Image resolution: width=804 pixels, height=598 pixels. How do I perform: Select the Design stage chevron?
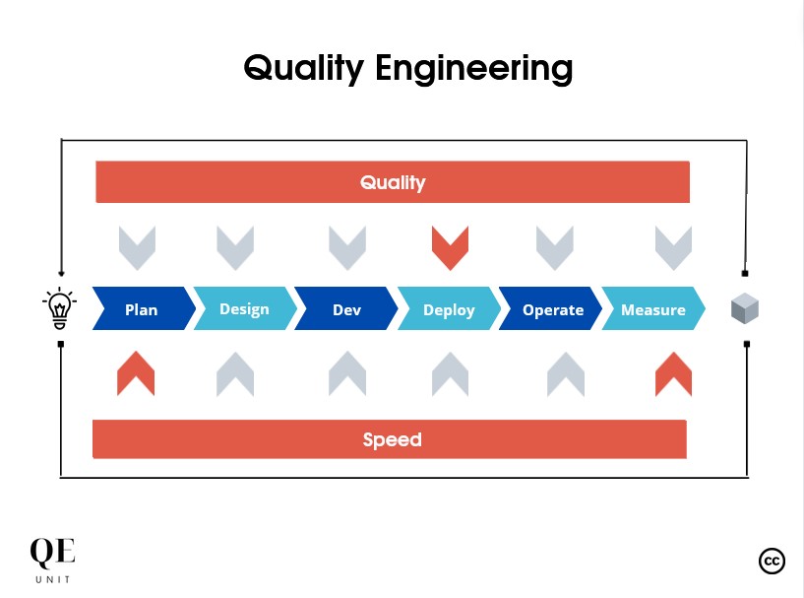(245, 308)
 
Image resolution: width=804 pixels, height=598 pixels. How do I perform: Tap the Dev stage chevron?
(346, 308)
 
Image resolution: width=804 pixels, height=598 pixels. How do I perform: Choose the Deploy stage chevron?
(449, 308)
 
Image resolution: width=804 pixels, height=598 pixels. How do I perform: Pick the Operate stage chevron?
(550, 308)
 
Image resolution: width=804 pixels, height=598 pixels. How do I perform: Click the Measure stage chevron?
(653, 308)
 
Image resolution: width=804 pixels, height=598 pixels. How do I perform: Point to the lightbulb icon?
(59, 308)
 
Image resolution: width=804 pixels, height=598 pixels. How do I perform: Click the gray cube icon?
(745, 308)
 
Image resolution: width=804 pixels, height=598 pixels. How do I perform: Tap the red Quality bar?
(393, 182)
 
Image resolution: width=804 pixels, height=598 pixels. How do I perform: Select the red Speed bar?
(390, 439)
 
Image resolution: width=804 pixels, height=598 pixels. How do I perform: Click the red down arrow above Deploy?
(450, 248)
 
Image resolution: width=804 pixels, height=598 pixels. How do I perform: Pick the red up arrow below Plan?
(136, 372)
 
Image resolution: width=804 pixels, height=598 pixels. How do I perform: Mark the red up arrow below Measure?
(674, 373)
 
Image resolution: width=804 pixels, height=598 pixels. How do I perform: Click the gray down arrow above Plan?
(137, 248)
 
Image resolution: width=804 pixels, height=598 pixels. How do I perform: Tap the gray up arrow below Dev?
(347, 373)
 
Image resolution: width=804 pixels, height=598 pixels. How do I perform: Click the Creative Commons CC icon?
(772, 561)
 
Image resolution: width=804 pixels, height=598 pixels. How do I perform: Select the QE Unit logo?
(53, 560)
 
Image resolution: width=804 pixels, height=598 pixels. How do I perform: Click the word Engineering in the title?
(473, 69)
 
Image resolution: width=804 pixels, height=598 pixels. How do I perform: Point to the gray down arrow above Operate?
(555, 248)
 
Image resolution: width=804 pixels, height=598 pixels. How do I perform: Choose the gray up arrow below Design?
(235, 373)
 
